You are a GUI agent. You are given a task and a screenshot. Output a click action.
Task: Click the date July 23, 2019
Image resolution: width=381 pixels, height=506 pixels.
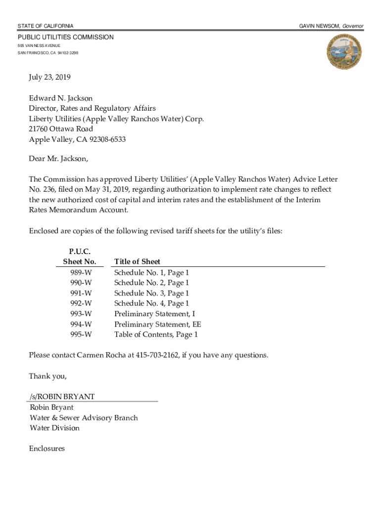click(x=49, y=77)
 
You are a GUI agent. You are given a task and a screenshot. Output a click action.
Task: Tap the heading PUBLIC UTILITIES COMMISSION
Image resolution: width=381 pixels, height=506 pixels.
click(x=66, y=38)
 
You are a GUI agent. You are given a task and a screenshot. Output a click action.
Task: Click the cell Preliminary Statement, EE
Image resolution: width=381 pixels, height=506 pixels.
click(x=157, y=324)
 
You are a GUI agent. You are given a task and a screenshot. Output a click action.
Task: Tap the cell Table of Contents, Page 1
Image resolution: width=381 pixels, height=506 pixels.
click(x=156, y=335)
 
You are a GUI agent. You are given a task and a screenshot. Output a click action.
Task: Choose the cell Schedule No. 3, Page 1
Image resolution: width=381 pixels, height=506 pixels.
click(x=151, y=293)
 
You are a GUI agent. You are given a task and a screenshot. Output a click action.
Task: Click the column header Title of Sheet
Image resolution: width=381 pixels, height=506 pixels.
click(x=137, y=261)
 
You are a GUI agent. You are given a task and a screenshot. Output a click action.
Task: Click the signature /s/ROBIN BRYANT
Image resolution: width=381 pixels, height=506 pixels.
click(x=62, y=397)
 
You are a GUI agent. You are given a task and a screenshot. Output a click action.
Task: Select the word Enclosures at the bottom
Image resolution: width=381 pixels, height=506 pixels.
click(x=47, y=449)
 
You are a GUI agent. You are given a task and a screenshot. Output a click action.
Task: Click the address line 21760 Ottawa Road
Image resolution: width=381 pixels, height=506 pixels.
click(x=61, y=129)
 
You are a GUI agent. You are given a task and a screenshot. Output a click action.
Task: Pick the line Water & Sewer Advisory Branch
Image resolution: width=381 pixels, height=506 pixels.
click(x=84, y=418)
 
